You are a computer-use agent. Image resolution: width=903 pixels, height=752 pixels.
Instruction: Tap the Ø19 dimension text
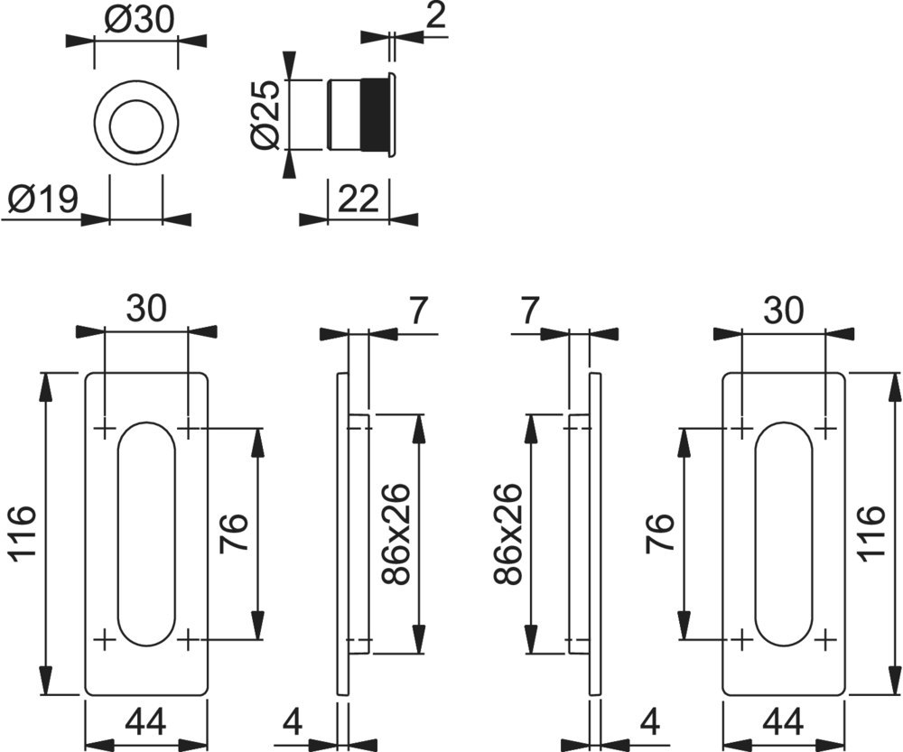(42, 198)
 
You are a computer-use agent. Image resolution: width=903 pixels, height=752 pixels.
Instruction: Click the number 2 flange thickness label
(436, 17)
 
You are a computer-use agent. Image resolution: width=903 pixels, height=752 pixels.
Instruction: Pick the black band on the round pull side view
(372, 115)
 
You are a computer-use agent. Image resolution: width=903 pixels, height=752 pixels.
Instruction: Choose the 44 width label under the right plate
(783, 722)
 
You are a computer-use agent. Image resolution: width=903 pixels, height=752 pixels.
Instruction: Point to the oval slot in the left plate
(145, 534)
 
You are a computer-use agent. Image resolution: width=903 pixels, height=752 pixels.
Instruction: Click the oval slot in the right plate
(784, 534)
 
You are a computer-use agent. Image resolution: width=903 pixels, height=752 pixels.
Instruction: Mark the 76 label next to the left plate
(233, 534)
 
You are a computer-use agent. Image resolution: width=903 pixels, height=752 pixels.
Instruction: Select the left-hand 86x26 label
(396, 534)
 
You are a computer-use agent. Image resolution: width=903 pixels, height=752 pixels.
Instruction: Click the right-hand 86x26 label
(508, 534)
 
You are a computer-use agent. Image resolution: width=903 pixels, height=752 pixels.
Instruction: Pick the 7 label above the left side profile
(416, 311)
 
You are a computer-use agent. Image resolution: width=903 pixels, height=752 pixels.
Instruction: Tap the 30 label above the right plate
(783, 311)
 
